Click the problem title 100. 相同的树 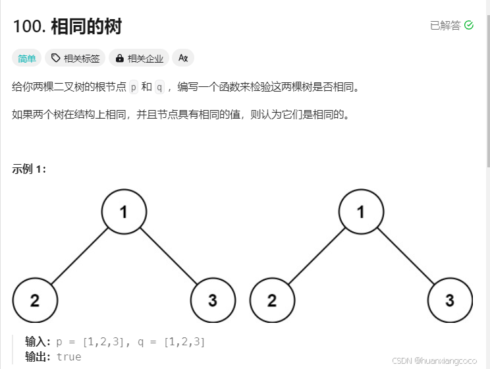(x=67, y=27)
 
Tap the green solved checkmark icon (x=469, y=25)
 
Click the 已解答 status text (x=445, y=25)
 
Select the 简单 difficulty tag (x=27, y=58)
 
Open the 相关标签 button (x=75, y=58)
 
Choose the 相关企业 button (x=139, y=58)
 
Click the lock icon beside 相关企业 (x=119, y=58)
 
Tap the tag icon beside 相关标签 (x=55, y=58)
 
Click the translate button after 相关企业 (x=183, y=58)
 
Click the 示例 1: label (x=29, y=169)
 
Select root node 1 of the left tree (x=124, y=212)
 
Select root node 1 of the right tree (x=361, y=212)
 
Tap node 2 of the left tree (x=35, y=300)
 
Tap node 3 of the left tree (x=213, y=300)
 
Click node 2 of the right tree (x=272, y=300)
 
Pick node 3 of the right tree (x=450, y=300)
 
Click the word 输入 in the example (x=36, y=342)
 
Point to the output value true (x=69, y=356)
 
